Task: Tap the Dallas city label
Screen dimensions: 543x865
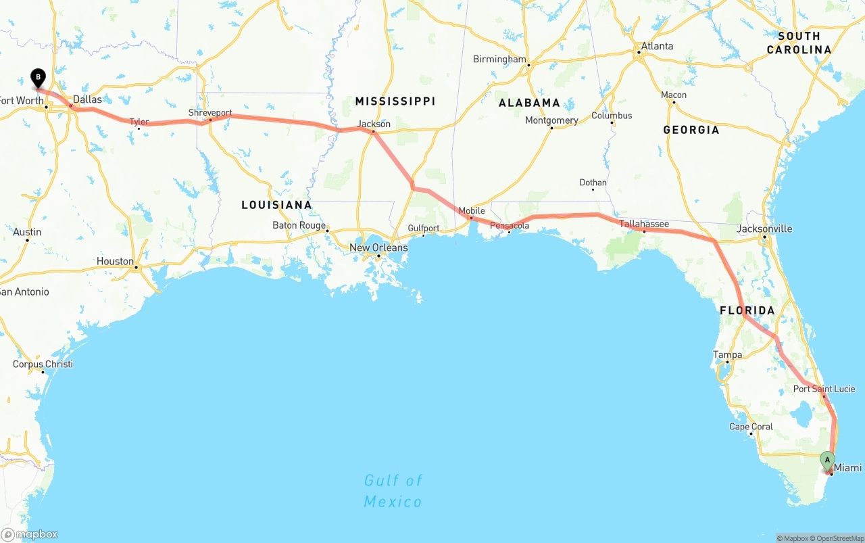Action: tap(87, 99)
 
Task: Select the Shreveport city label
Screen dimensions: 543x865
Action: tap(210, 112)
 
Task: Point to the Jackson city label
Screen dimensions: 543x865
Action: tap(374, 124)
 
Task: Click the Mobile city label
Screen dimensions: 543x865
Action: tap(472, 210)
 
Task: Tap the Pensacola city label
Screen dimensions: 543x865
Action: tap(510, 225)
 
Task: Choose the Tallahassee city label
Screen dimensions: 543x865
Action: tap(644, 224)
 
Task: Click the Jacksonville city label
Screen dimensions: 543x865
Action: tap(764, 229)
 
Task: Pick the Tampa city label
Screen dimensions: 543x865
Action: tap(727, 354)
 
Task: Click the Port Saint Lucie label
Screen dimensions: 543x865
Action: tap(824, 389)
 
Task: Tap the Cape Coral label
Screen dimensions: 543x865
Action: tap(751, 427)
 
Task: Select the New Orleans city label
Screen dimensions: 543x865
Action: tap(378, 247)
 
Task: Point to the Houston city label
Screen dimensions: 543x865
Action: tap(115, 261)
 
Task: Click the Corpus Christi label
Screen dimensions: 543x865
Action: tap(43, 364)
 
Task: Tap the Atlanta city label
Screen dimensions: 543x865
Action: tap(657, 46)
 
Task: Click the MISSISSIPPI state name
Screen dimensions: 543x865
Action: tap(395, 101)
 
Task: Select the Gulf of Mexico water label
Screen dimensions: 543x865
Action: tap(393, 491)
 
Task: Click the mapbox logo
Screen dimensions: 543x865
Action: tap(30, 534)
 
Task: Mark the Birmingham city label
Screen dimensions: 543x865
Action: tap(499, 59)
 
